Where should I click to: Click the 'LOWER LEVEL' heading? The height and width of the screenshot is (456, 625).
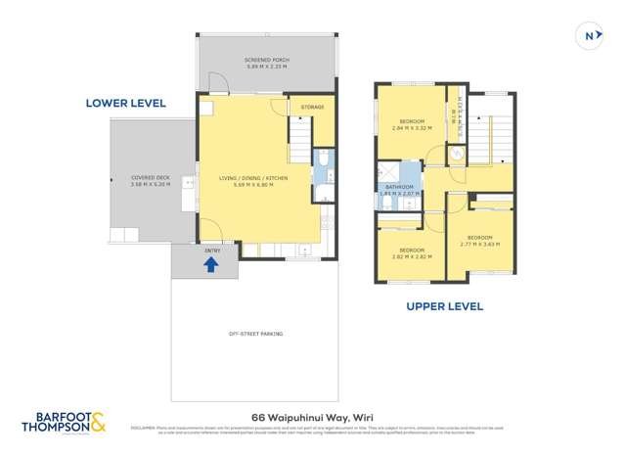click(x=126, y=103)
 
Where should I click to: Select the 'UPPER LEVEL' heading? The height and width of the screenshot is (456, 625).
click(x=444, y=306)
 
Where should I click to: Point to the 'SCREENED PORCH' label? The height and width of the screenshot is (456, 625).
click(x=264, y=61)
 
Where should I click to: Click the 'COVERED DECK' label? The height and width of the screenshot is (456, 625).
click(x=151, y=177)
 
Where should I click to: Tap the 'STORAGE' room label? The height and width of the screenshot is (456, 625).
click(x=312, y=106)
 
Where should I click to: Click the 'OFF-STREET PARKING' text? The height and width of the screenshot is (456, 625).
click(x=255, y=334)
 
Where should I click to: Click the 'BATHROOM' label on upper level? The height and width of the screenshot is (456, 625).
click(x=399, y=187)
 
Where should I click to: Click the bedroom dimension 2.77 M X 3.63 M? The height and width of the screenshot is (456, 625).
click(x=480, y=244)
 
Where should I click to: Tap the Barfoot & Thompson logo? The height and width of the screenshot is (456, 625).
click(x=63, y=423)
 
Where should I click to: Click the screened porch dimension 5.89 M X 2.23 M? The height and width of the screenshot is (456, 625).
click(x=264, y=68)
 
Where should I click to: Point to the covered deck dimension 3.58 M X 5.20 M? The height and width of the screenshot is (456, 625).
click(x=151, y=184)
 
